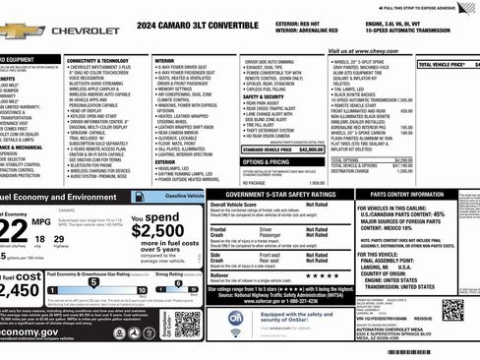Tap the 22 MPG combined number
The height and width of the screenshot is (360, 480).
(13, 227)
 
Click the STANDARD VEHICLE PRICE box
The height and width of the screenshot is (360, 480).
(283, 149)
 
